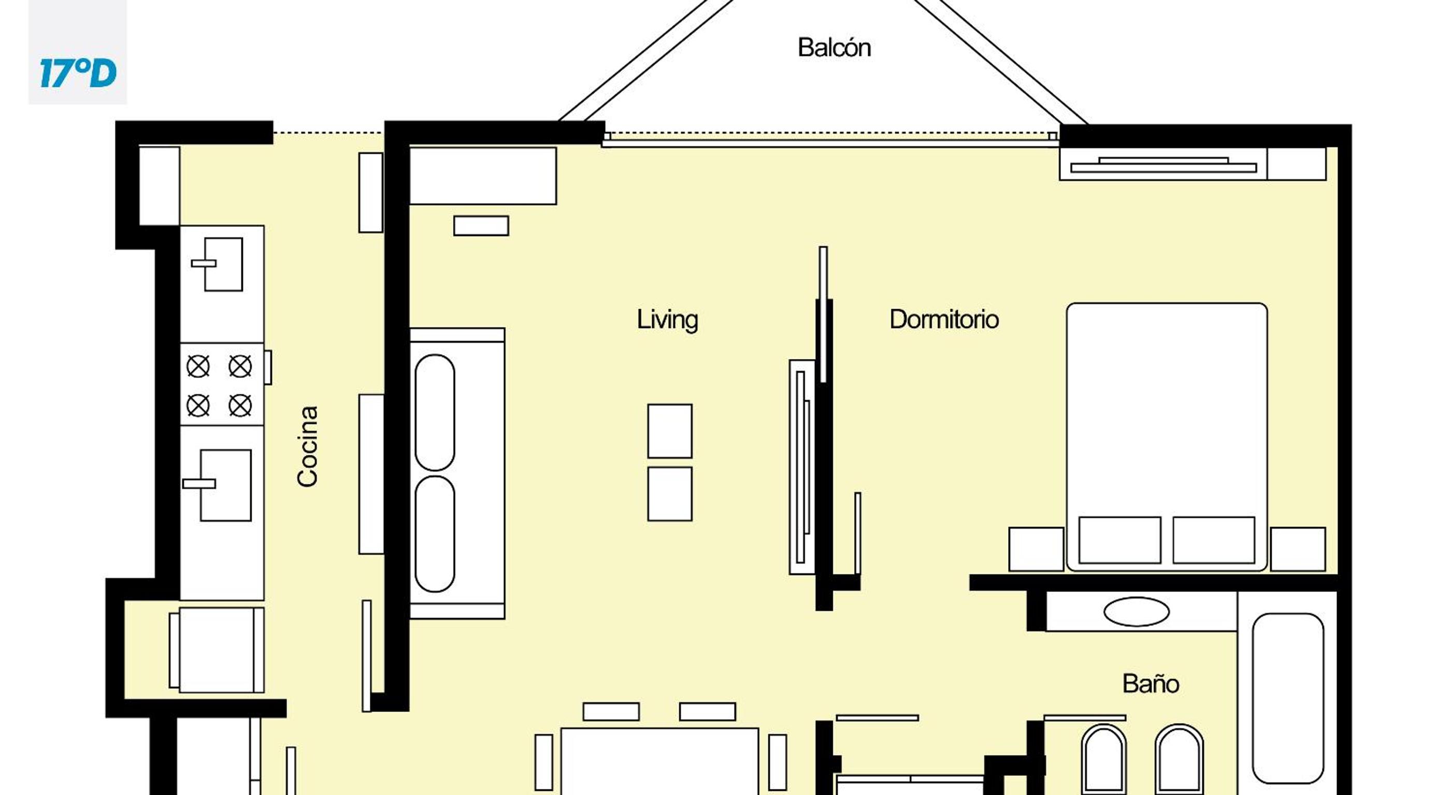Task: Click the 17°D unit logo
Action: [78, 74]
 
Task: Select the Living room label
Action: [667, 320]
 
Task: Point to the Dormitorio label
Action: [944, 320]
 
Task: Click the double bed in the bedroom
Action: [1167, 437]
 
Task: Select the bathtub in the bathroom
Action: [1288, 699]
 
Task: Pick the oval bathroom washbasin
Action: [1136, 612]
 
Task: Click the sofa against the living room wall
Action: [457, 473]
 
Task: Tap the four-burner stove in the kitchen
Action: [222, 384]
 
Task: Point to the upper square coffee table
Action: [670, 431]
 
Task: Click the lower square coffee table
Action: [670, 494]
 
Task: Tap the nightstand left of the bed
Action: [1036, 549]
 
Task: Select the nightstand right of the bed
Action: [1298, 549]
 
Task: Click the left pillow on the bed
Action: [1119, 540]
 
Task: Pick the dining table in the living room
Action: [659, 761]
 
